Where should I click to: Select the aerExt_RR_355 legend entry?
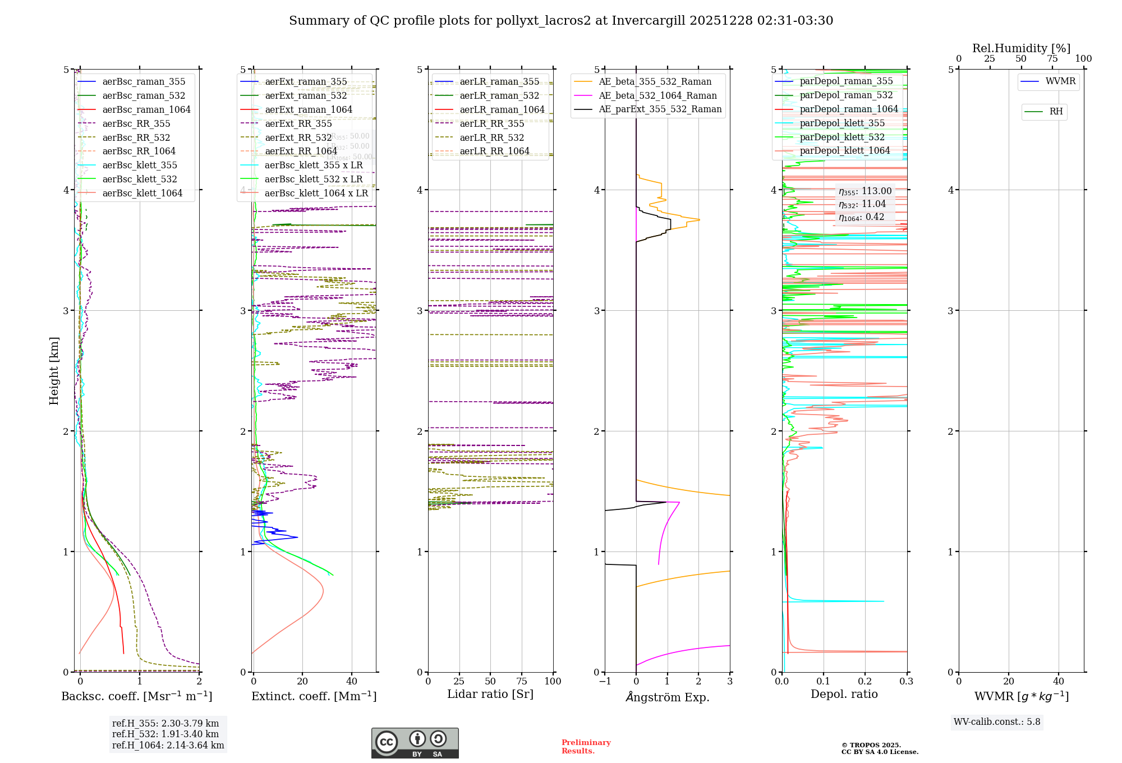coord(298,123)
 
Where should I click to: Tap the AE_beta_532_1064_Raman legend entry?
coord(657,95)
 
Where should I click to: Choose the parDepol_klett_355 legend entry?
coord(842,123)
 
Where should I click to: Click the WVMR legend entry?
coord(1060,81)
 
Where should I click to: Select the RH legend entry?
coord(1055,112)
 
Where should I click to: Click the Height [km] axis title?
coord(54,371)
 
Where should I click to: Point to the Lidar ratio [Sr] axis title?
coord(490,694)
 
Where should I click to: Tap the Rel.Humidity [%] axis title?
coord(1021,48)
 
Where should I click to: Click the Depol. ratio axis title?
coord(844,694)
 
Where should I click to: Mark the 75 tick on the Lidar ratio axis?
coord(522,681)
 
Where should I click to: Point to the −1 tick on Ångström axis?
coord(605,681)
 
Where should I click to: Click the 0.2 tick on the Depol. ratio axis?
coord(865,681)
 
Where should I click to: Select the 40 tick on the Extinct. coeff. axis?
coord(352,681)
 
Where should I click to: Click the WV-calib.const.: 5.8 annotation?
coord(996,722)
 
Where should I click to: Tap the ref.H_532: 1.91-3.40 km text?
coord(165,734)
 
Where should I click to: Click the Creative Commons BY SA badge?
coord(415,743)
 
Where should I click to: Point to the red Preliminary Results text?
coord(586,747)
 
